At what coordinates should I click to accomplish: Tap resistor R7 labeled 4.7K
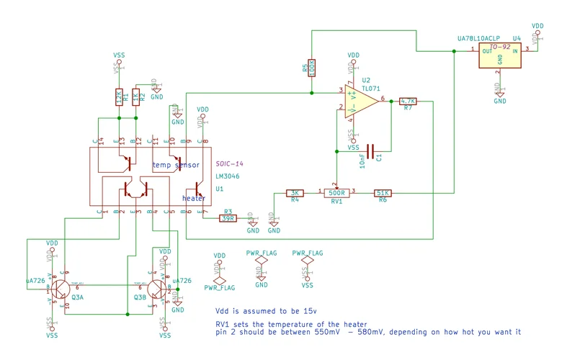tap(408, 102)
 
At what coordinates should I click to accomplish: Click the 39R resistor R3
tap(228, 218)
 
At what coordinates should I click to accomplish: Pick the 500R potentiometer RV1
tap(336, 192)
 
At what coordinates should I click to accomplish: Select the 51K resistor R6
tap(383, 192)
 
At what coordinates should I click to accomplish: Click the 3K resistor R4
tap(294, 192)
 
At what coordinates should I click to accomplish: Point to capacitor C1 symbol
tap(370, 151)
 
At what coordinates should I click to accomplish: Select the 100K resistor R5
tap(311, 68)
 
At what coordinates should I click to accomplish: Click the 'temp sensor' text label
tap(176, 165)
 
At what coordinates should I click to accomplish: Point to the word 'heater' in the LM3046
tap(193, 198)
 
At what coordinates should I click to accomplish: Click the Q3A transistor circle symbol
tap(59, 288)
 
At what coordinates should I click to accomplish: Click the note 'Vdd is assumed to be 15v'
tap(266, 311)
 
